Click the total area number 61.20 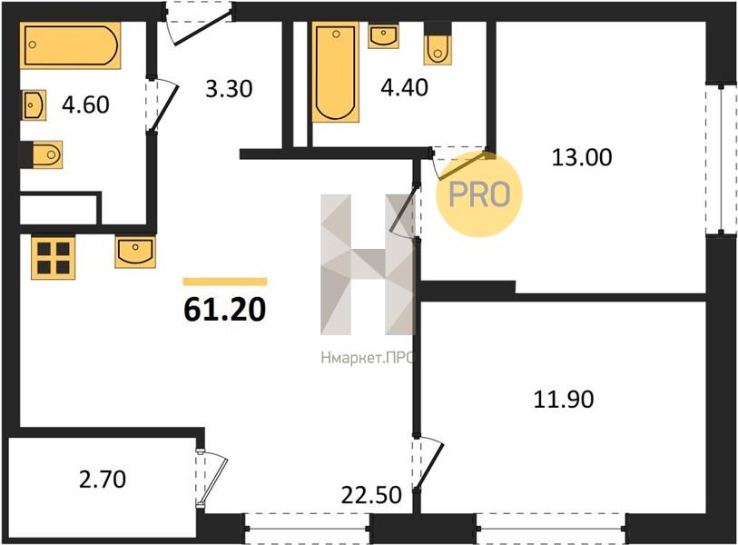pyautogui.click(x=224, y=310)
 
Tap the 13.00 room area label pyautogui.click(x=582, y=157)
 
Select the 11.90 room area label pyautogui.click(x=564, y=399)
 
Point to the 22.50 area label pyautogui.click(x=371, y=495)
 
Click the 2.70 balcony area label pyautogui.click(x=103, y=480)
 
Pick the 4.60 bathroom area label pyautogui.click(x=85, y=104)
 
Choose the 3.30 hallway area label pyautogui.click(x=229, y=88)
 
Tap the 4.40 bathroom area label pyautogui.click(x=404, y=87)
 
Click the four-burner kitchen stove pyautogui.click(x=54, y=257)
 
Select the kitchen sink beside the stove pyautogui.click(x=135, y=252)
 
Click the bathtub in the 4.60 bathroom pyautogui.click(x=71, y=45)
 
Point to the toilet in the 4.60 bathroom pyautogui.click(x=46, y=154)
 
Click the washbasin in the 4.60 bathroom pyautogui.click(x=34, y=104)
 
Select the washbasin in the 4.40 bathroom pyautogui.click(x=384, y=35)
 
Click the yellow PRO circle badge pyautogui.click(x=479, y=194)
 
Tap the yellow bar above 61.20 pyautogui.click(x=225, y=282)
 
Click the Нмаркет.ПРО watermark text pyautogui.click(x=367, y=359)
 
